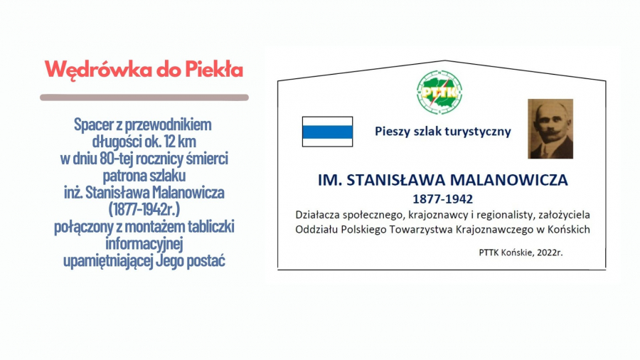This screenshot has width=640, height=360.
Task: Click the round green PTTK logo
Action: (x=439, y=92)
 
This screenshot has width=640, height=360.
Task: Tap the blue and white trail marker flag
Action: (x=327, y=132)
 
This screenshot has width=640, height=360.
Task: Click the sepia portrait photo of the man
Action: (x=550, y=129)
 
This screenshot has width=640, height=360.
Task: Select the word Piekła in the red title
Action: (x=214, y=70)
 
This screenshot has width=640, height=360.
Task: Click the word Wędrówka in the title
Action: (x=98, y=70)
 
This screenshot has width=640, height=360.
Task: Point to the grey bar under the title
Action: (x=144, y=97)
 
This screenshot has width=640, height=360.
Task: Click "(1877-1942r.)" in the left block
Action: (x=144, y=209)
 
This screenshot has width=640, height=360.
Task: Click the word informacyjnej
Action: (x=144, y=243)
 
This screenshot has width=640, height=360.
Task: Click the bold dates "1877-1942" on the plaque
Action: (x=443, y=199)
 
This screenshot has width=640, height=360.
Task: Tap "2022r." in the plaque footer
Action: (x=550, y=253)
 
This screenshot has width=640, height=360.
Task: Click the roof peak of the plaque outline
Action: (x=444, y=60)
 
